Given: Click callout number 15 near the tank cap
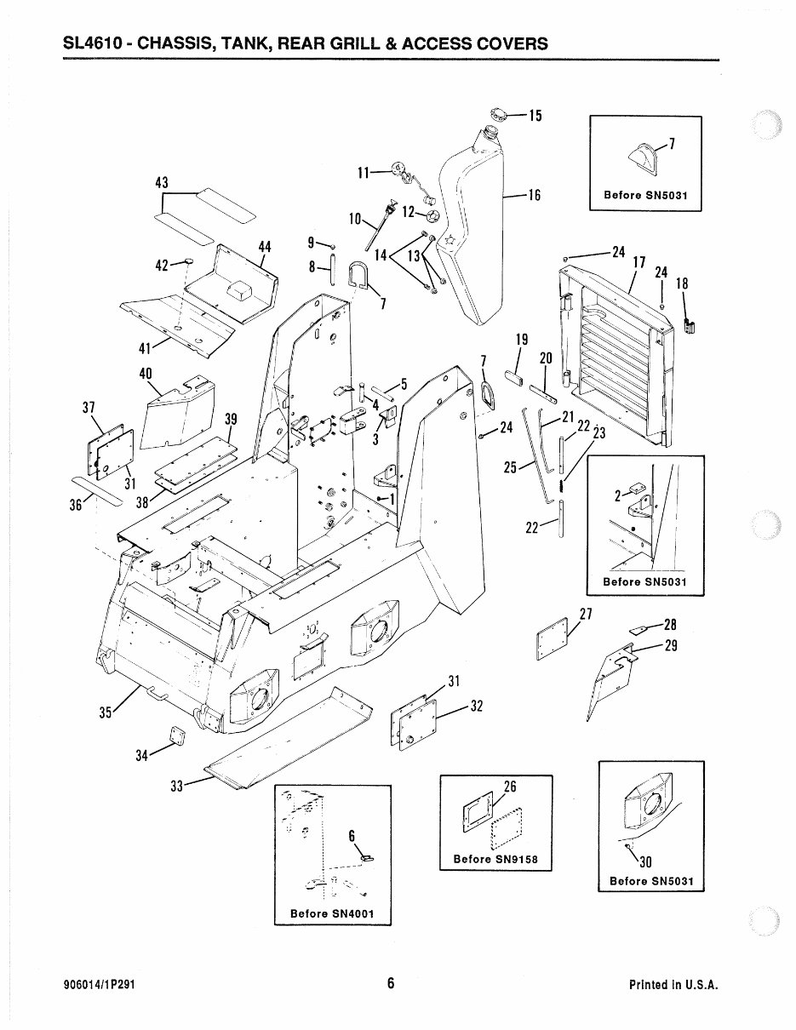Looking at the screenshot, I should (x=535, y=116).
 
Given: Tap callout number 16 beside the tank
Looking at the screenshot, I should (x=534, y=195).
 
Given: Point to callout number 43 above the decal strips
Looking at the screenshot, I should (x=162, y=183).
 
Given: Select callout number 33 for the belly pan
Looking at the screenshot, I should (x=177, y=787).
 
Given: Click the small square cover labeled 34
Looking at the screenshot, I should (x=177, y=735).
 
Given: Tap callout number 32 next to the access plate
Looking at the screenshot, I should (x=477, y=706).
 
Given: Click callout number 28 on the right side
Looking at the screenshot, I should (x=670, y=626).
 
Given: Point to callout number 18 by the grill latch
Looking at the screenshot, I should (x=682, y=284).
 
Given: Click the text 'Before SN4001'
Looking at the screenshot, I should (x=332, y=914).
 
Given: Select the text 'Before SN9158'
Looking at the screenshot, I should (x=495, y=859).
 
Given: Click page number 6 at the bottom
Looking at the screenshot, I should (x=391, y=983).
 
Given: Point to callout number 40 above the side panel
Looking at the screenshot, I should (x=146, y=373).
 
